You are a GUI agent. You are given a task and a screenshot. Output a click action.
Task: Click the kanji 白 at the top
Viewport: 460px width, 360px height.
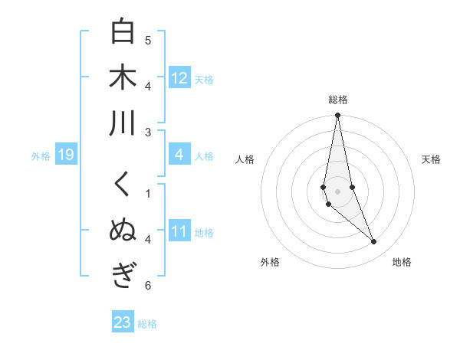[x=123, y=31]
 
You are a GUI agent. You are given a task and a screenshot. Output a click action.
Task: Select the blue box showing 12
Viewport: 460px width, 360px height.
[x=179, y=78]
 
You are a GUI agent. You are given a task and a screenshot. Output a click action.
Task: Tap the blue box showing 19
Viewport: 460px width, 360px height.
[x=65, y=155]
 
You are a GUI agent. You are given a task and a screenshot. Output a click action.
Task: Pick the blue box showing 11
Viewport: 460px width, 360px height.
[x=179, y=232]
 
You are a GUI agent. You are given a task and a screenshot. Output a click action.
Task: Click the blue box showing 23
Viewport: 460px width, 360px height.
[x=122, y=322]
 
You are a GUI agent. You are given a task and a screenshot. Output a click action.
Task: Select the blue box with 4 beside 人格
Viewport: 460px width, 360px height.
[x=179, y=155]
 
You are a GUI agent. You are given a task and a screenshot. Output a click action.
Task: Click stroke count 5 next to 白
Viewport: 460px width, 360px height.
[x=148, y=40]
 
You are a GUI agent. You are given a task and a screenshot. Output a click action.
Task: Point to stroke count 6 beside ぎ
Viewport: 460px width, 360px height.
[x=148, y=286]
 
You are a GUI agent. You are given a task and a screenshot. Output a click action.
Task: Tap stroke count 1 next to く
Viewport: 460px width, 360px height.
[x=148, y=193]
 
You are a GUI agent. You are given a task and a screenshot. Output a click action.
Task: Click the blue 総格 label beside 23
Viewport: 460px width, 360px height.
[x=147, y=324]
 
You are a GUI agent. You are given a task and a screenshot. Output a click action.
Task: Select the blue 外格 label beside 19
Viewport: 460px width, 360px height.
[x=41, y=156]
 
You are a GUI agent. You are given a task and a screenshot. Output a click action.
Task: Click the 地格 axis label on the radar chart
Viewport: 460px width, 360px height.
[x=402, y=262]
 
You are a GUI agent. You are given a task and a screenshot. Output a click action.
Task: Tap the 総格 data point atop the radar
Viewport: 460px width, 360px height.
[x=337, y=116]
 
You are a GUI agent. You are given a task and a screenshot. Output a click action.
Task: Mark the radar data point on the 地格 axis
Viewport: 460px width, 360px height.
[x=374, y=242]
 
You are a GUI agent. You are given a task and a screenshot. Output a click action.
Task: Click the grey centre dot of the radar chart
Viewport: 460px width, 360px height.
[x=337, y=191]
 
